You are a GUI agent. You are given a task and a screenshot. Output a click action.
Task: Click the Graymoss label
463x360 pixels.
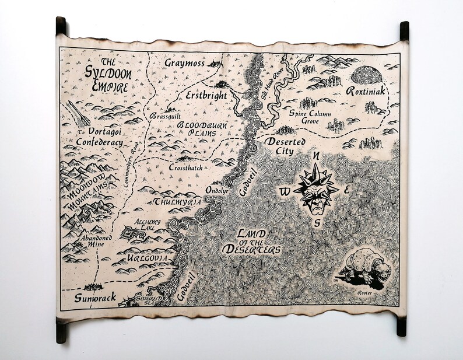[185, 62]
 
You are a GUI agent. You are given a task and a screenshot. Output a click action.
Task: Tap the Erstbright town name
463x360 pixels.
[206, 95]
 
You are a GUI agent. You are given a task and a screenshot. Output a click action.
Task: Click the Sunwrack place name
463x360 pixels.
[95, 298]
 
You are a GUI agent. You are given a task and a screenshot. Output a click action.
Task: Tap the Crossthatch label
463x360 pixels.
[186, 166]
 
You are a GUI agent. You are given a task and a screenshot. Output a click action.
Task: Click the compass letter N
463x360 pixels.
[318, 156]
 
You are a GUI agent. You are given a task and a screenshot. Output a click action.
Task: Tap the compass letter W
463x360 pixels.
[284, 191]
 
